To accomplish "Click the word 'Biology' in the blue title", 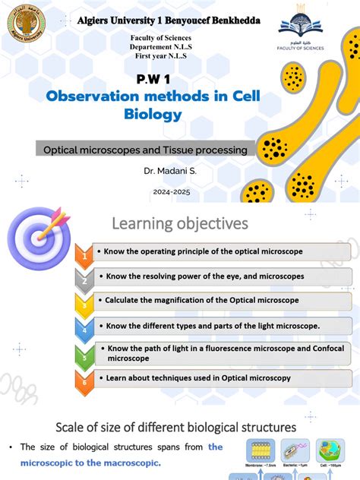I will [153, 115].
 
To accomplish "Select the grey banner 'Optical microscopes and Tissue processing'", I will [144, 150].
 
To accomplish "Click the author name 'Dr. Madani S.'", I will [170, 172].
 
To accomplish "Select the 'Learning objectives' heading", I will [180, 223].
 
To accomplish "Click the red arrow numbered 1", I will [85, 257].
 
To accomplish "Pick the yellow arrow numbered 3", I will [85, 304].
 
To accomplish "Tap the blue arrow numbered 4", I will [85, 328].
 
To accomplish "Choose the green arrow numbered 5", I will [85, 354].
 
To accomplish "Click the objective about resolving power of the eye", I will [205, 276].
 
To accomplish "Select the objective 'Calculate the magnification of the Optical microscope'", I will [201, 300].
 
